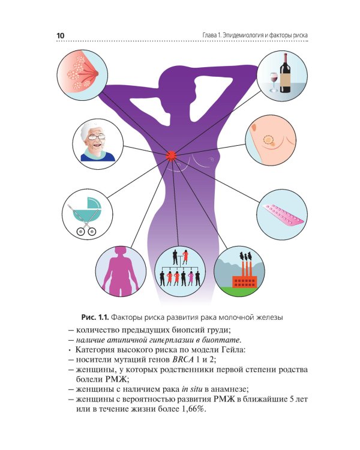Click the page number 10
(61, 37)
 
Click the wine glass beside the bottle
(274, 80)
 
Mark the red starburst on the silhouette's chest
(172, 156)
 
